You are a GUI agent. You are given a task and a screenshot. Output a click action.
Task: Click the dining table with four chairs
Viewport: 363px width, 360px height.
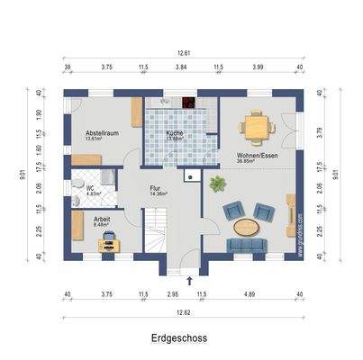pyautogui.click(x=259, y=128)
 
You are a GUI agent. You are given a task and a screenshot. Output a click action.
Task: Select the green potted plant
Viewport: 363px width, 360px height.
pyautogui.click(x=216, y=184)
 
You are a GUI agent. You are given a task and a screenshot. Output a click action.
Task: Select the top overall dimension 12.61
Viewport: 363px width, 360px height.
pyautogui.click(x=184, y=54)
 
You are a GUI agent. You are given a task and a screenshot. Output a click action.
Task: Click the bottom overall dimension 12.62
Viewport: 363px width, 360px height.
pyautogui.click(x=184, y=311)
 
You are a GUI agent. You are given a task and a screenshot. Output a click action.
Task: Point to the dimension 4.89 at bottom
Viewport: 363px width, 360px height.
pyautogui.click(x=257, y=293)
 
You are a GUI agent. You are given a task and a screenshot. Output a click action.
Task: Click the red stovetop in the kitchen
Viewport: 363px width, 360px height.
pyautogui.click(x=188, y=102)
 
